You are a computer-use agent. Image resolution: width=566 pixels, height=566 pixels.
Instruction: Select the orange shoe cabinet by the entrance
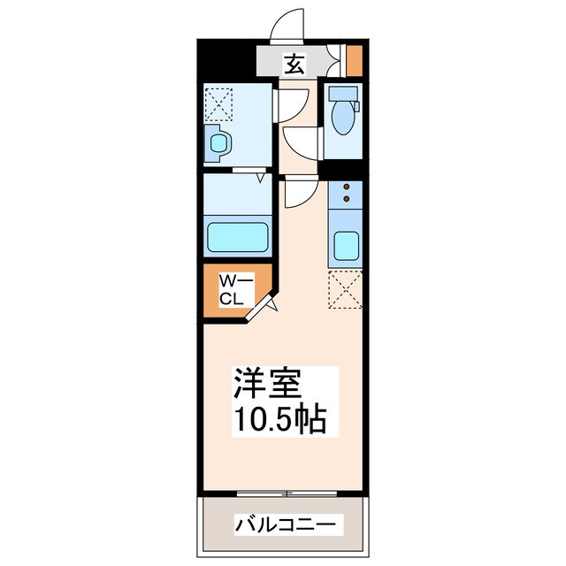[354, 60]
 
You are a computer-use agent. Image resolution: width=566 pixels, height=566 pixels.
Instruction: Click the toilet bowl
[340, 120]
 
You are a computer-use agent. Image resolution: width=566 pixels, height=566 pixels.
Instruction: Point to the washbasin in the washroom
[218, 141]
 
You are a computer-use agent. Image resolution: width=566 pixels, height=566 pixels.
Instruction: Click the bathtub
[237, 237]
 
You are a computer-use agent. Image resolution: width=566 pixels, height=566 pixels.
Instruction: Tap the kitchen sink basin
[345, 246]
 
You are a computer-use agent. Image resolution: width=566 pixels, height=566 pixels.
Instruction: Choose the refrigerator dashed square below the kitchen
[345, 289]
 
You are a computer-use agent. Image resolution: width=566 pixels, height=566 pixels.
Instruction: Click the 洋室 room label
[268, 384]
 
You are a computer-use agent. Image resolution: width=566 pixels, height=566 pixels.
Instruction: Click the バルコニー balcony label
[285, 524]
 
